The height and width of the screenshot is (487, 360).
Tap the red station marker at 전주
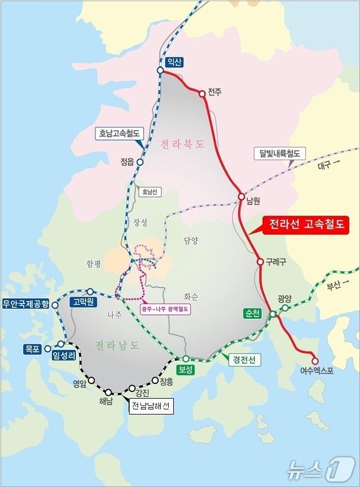(202, 94)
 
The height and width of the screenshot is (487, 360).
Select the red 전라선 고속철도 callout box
(306, 224)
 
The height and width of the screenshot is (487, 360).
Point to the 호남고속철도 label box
(119, 134)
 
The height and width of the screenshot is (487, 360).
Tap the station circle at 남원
(241, 196)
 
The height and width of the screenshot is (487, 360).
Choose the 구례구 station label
(277, 262)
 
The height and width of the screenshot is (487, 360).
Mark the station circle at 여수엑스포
(315, 361)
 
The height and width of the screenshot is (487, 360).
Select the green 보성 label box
(185, 369)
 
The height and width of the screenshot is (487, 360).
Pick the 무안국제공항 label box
(27, 304)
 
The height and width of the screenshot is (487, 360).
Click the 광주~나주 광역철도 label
(165, 309)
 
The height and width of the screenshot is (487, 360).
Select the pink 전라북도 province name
(181, 144)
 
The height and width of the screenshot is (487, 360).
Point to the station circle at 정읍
(140, 162)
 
